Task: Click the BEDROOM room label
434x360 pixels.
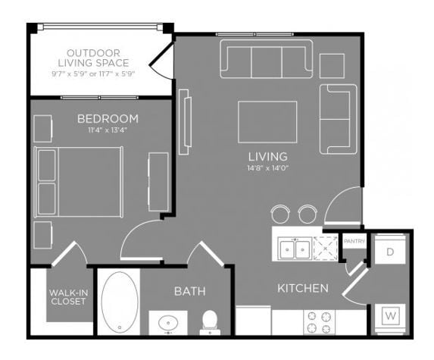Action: [x=108, y=118]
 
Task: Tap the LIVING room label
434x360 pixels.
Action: [x=268, y=157]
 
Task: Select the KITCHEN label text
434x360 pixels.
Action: [x=302, y=288]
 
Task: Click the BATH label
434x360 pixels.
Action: [x=189, y=291]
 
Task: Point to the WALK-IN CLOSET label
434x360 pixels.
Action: [x=67, y=296]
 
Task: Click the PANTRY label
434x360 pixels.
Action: [x=354, y=242]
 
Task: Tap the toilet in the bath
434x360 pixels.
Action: [x=209, y=321]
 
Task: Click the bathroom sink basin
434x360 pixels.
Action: [x=167, y=324]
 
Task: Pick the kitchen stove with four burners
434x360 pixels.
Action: [x=319, y=322]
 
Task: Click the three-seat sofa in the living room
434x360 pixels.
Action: [x=266, y=58]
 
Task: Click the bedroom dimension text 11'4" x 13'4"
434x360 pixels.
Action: [x=108, y=130]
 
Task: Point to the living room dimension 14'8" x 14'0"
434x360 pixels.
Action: [x=268, y=168]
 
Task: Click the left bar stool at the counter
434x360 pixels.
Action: [x=280, y=213]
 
